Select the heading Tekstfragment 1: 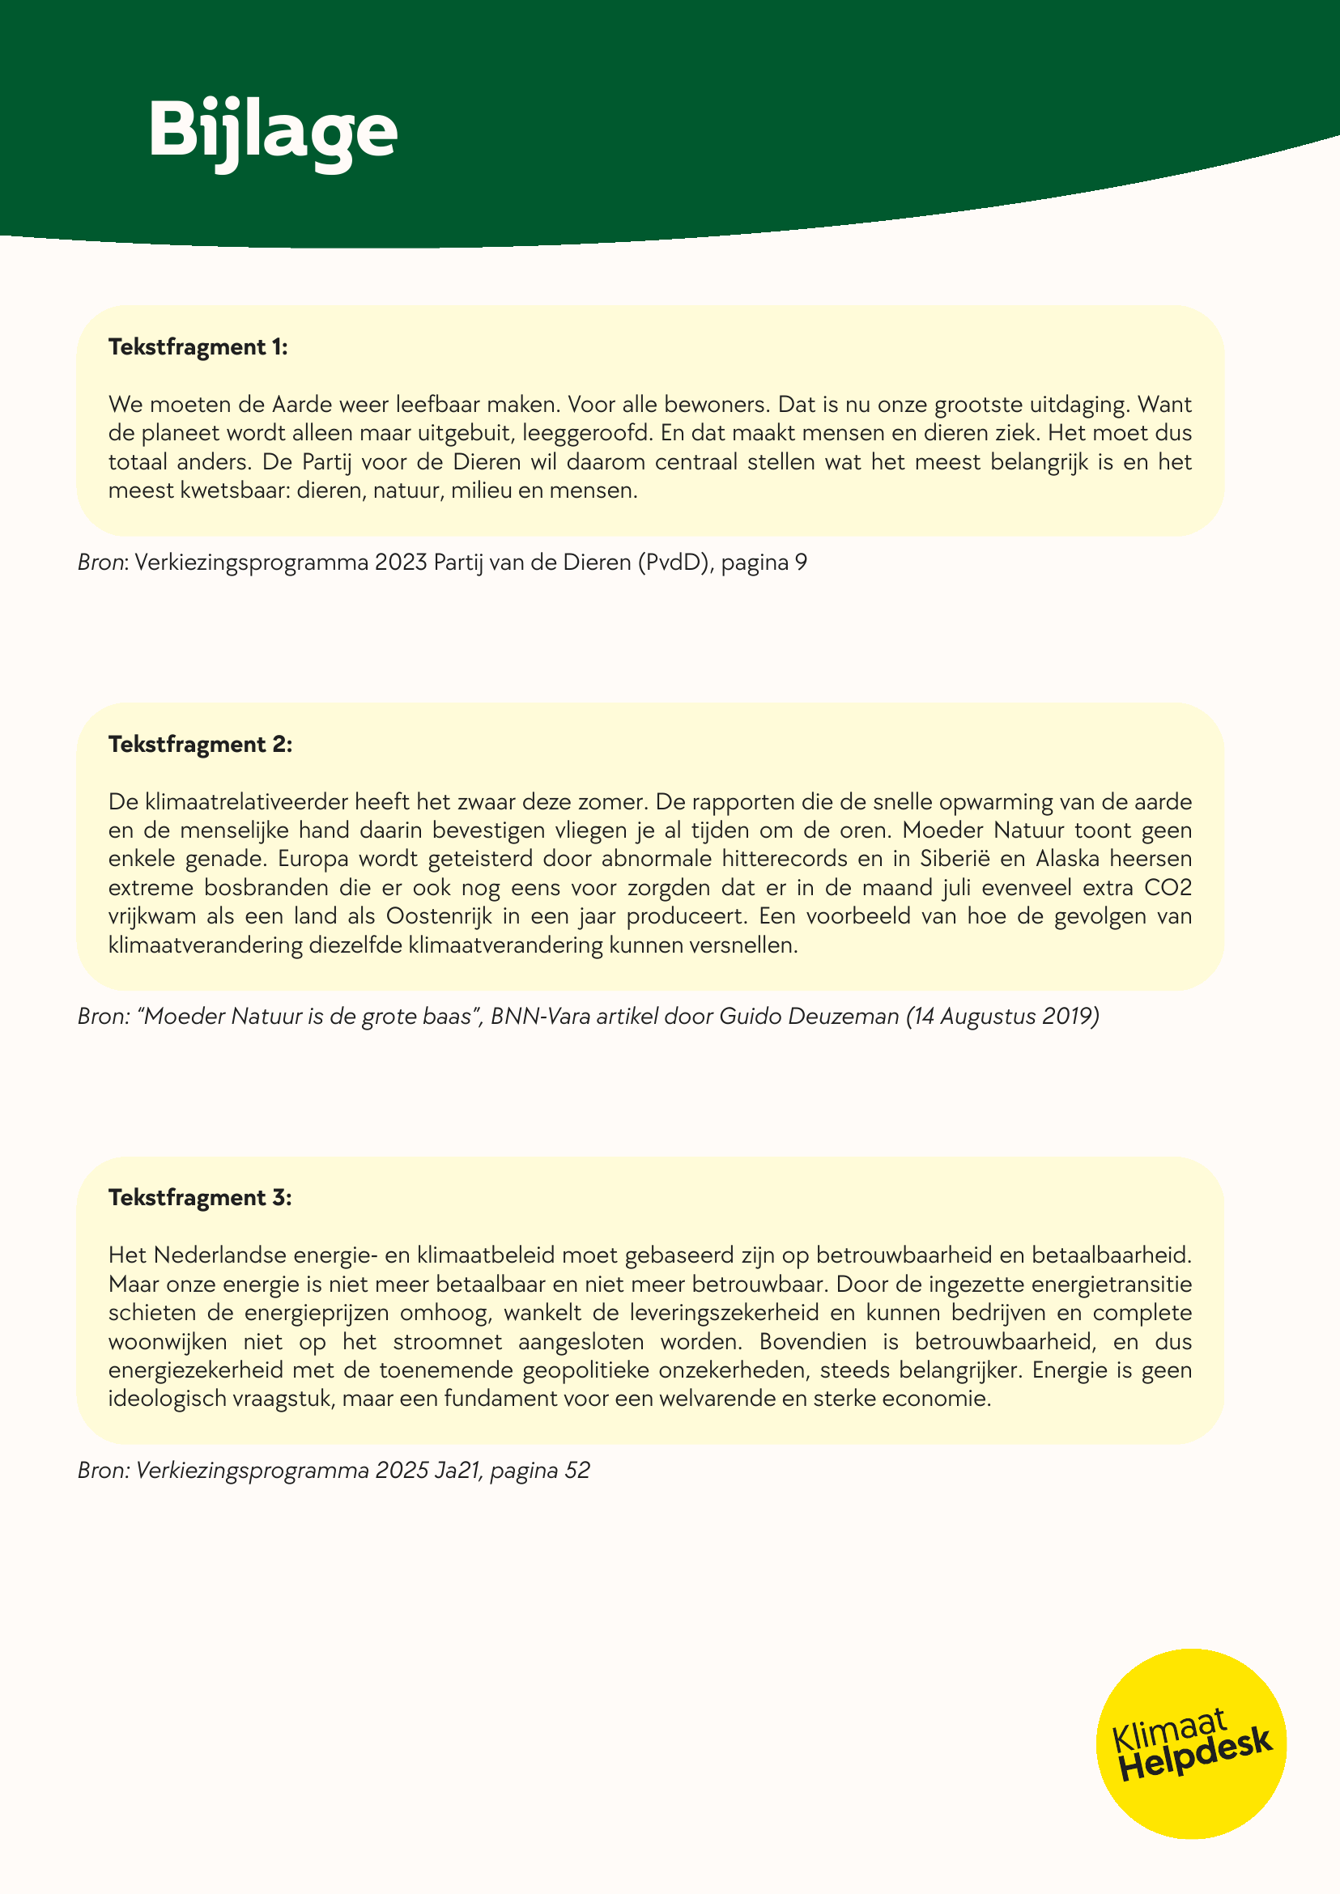(x=198, y=347)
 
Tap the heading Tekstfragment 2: (x=201, y=745)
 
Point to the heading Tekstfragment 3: (x=201, y=1198)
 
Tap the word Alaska (x=1068, y=859)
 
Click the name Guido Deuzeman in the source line (x=809, y=1017)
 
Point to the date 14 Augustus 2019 (x=1002, y=1017)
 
